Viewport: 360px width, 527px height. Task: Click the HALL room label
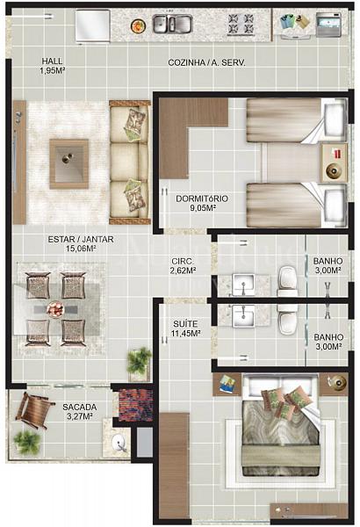tap(52, 61)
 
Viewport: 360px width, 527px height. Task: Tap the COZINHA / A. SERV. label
tap(206, 62)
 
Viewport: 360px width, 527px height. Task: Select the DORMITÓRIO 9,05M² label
tap(202, 203)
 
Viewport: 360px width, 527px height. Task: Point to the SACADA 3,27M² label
tap(80, 412)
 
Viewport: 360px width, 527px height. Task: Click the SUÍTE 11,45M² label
tap(185, 328)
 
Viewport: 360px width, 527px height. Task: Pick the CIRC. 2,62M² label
tap(183, 266)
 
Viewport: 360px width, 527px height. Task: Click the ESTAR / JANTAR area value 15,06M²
tap(81, 249)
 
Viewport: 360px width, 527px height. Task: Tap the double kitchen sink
tap(173, 24)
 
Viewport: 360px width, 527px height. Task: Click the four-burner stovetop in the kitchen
tap(241, 24)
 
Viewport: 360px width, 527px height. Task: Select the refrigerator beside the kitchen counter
tap(93, 26)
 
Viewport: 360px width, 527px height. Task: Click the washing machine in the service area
tap(328, 25)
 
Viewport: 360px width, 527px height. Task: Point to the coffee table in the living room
tap(68, 163)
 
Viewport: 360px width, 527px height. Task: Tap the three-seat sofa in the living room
tap(130, 162)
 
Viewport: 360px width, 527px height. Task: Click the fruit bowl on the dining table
tap(55, 308)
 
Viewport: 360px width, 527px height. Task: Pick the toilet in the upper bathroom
tap(287, 281)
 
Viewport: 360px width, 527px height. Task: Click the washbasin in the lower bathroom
tap(243, 316)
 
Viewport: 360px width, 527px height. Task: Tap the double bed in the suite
tap(281, 424)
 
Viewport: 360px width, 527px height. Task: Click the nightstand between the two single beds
tap(334, 162)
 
